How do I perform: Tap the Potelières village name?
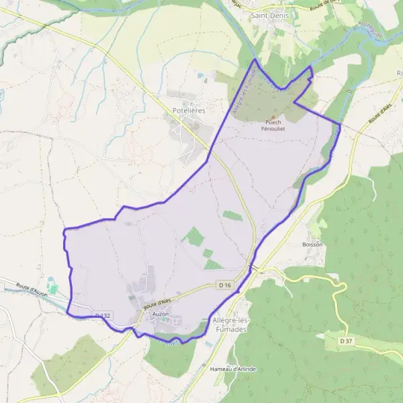(x=189, y=109)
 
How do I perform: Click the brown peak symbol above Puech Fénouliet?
(x=273, y=116)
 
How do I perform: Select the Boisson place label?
(x=312, y=244)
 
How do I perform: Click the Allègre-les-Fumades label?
(x=230, y=325)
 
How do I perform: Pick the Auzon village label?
(x=161, y=314)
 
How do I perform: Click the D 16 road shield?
(x=225, y=285)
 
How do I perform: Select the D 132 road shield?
(x=102, y=314)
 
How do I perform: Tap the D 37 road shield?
(x=345, y=341)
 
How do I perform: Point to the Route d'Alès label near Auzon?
(x=159, y=302)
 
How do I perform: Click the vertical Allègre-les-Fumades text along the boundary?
(x=240, y=94)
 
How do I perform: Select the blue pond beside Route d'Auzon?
(x=53, y=287)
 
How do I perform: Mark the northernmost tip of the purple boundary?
(x=255, y=60)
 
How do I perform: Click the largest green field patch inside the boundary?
(x=193, y=236)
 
